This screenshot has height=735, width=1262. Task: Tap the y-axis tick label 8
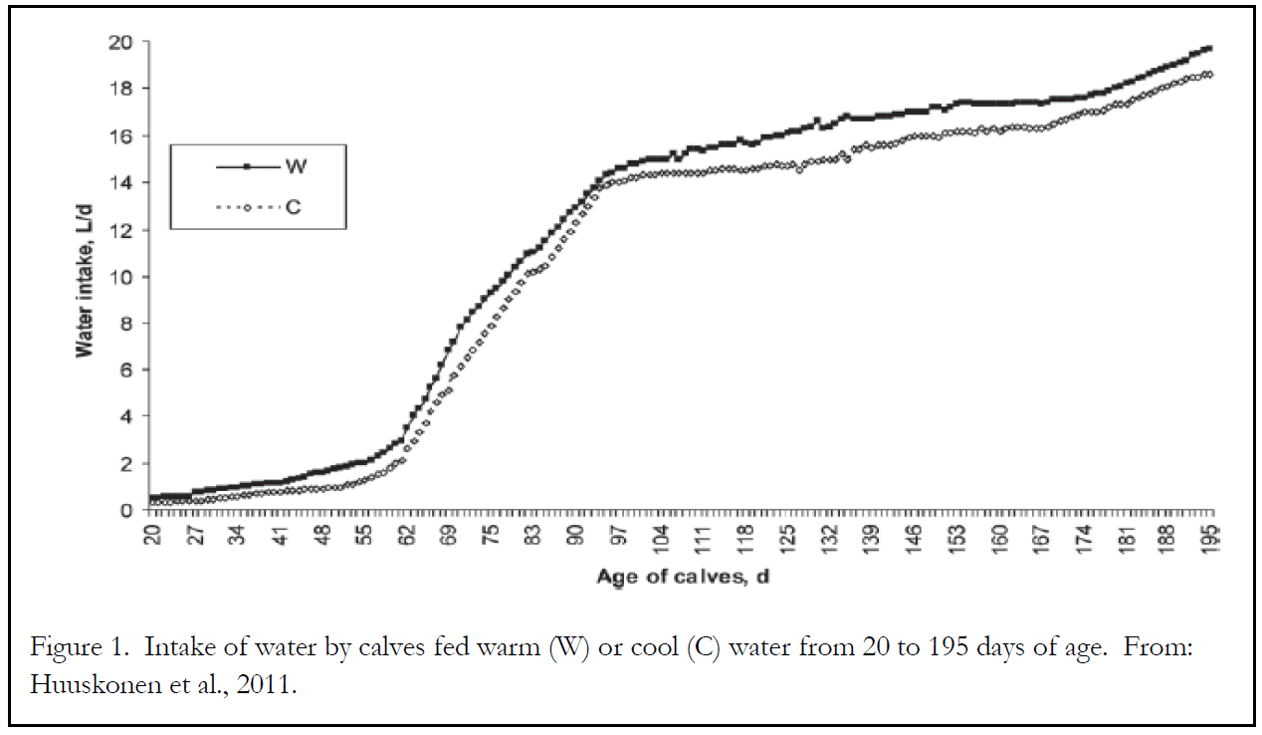[125, 323]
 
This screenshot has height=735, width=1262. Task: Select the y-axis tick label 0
[125, 510]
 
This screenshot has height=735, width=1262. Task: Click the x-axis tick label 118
[745, 538]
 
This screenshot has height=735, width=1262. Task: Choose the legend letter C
[298, 208]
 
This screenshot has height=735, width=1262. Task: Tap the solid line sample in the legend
[246, 166]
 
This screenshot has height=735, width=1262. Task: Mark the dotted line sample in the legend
[246, 208]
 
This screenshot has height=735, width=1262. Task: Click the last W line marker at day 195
[1209, 48]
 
